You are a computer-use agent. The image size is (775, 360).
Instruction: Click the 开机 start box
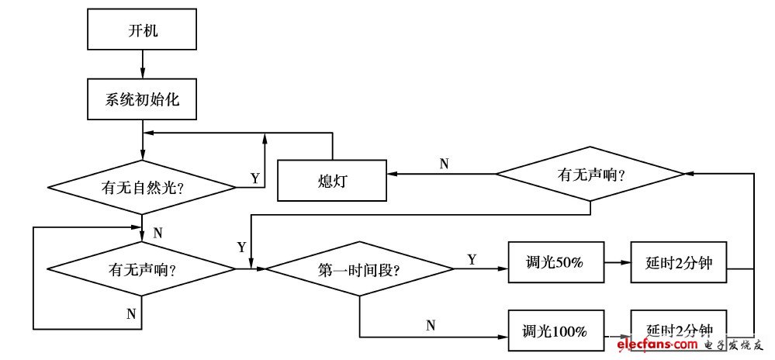coord(142,31)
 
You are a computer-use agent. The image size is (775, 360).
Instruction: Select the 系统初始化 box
coord(142,100)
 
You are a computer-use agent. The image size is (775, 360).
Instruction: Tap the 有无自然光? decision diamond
coord(142,187)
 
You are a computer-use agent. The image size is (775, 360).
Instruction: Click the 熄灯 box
coord(332,181)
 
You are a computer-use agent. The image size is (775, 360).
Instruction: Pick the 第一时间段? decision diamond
coord(359,270)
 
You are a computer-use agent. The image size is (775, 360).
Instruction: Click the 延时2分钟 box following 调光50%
coord(679,262)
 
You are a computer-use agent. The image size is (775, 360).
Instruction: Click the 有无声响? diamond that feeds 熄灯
coord(590,175)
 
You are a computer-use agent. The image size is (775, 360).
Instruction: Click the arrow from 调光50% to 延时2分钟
coord(618,262)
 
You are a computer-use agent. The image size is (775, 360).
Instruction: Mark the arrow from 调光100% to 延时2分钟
coord(618,331)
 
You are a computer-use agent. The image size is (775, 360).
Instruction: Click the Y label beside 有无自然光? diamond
coord(254,178)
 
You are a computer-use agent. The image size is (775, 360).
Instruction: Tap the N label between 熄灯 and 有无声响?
coord(444,163)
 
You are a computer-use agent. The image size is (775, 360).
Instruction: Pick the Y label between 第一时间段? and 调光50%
coord(472,259)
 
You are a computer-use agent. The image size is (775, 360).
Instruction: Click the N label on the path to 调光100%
coord(431,325)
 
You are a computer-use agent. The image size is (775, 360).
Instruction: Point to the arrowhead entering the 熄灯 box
coord(393,175)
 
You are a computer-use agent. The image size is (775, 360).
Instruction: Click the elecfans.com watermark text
coord(656,344)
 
